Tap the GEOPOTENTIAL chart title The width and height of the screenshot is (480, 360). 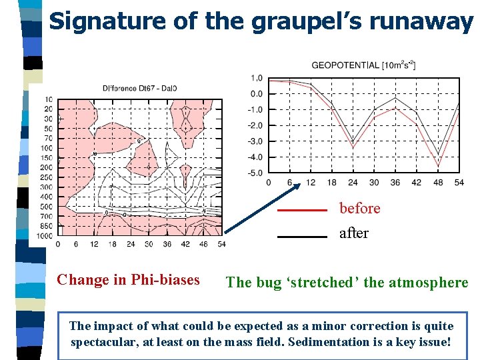coord(363,65)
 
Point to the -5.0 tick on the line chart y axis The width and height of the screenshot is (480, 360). coord(255,173)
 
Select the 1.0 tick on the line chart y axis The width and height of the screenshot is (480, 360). coord(257,78)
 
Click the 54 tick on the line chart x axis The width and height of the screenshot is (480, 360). coord(459,183)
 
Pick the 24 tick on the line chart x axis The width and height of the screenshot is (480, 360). coord(353,183)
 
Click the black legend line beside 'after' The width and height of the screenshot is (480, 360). coord(302,236)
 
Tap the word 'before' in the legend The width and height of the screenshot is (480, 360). coord(359,209)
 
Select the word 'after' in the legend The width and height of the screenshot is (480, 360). coord(353,234)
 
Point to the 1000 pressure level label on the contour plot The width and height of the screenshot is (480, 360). coord(44,236)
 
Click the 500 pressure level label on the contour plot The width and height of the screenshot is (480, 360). coord(46,207)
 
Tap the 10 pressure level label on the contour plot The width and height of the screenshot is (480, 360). coord(49,99)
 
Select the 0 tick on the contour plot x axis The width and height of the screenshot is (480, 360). coord(58,245)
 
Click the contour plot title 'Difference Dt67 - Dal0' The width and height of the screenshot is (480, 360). coord(139,89)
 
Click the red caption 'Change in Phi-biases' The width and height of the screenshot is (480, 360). coord(128,280)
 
